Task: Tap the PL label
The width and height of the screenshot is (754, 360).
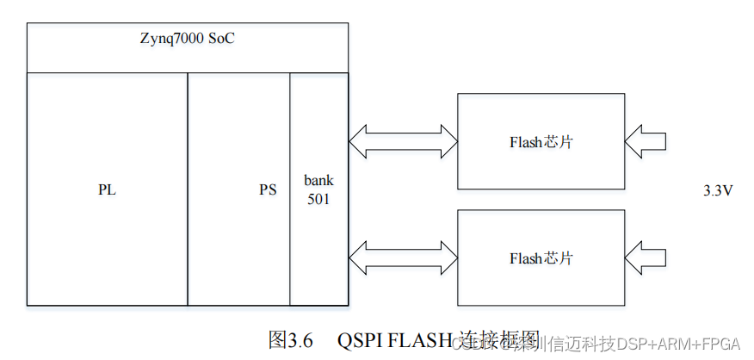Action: pyautogui.click(x=107, y=190)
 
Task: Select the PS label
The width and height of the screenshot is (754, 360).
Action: pyautogui.click(x=268, y=190)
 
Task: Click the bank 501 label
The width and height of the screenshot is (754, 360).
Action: pyautogui.click(x=318, y=189)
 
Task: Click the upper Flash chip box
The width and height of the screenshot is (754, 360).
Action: pyautogui.click(x=541, y=142)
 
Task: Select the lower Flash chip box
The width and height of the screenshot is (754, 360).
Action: pyautogui.click(x=541, y=258)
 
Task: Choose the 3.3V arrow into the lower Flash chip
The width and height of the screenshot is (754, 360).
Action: pyautogui.click(x=646, y=258)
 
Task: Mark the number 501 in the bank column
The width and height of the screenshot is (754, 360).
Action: pyautogui.click(x=318, y=199)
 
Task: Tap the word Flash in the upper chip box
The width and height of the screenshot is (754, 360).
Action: pyautogui.click(x=526, y=142)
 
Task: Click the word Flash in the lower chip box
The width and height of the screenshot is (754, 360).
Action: pyautogui.click(x=526, y=258)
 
